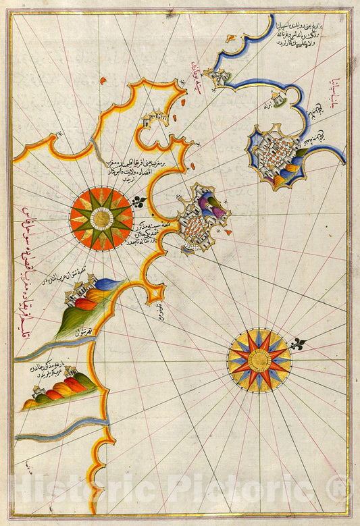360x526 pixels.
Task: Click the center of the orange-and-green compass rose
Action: pyautogui.click(x=101, y=218)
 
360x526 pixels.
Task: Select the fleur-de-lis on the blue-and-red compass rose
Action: pyautogui.click(x=298, y=346)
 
